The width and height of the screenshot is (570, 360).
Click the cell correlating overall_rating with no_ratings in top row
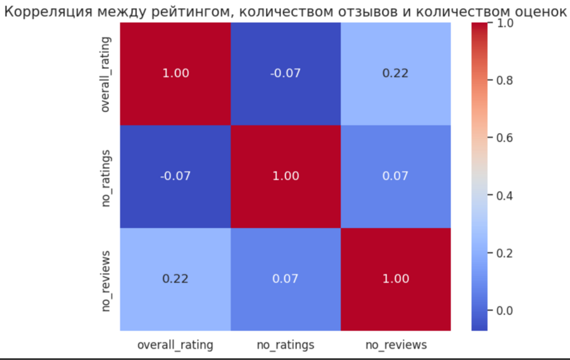[x=286, y=73]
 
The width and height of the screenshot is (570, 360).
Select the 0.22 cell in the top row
[x=396, y=73]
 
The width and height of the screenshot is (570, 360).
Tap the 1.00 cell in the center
[x=286, y=176]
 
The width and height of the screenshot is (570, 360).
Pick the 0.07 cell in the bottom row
[x=286, y=278]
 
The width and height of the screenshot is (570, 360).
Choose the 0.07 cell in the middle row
[x=396, y=176]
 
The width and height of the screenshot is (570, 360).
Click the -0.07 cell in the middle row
[x=175, y=176]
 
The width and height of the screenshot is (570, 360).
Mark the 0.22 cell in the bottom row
[x=175, y=278]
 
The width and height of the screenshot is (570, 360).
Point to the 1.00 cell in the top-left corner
[x=175, y=73]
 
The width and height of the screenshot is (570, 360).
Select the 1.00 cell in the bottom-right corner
[x=396, y=278]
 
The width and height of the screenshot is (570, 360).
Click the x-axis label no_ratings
[x=286, y=345]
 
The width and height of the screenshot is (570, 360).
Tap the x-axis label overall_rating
[x=175, y=345]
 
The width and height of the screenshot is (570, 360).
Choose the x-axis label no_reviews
[x=396, y=345]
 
